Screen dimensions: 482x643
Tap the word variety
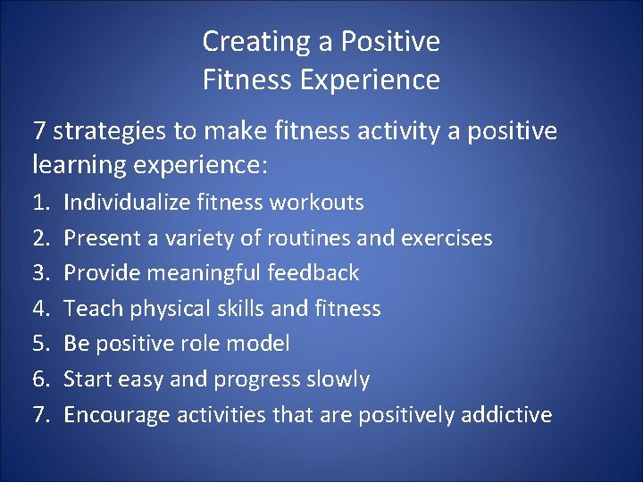tap(192, 238)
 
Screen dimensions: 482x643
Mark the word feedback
tap(317, 273)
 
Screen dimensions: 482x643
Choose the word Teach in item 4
tap(94, 309)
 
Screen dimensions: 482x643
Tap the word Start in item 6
tap(90, 379)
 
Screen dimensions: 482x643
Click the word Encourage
tap(117, 415)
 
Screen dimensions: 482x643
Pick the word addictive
tap(506, 415)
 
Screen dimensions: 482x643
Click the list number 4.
tap(40, 309)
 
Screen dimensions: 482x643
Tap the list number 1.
tap(40, 203)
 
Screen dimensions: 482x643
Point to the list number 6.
tap(40, 379)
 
